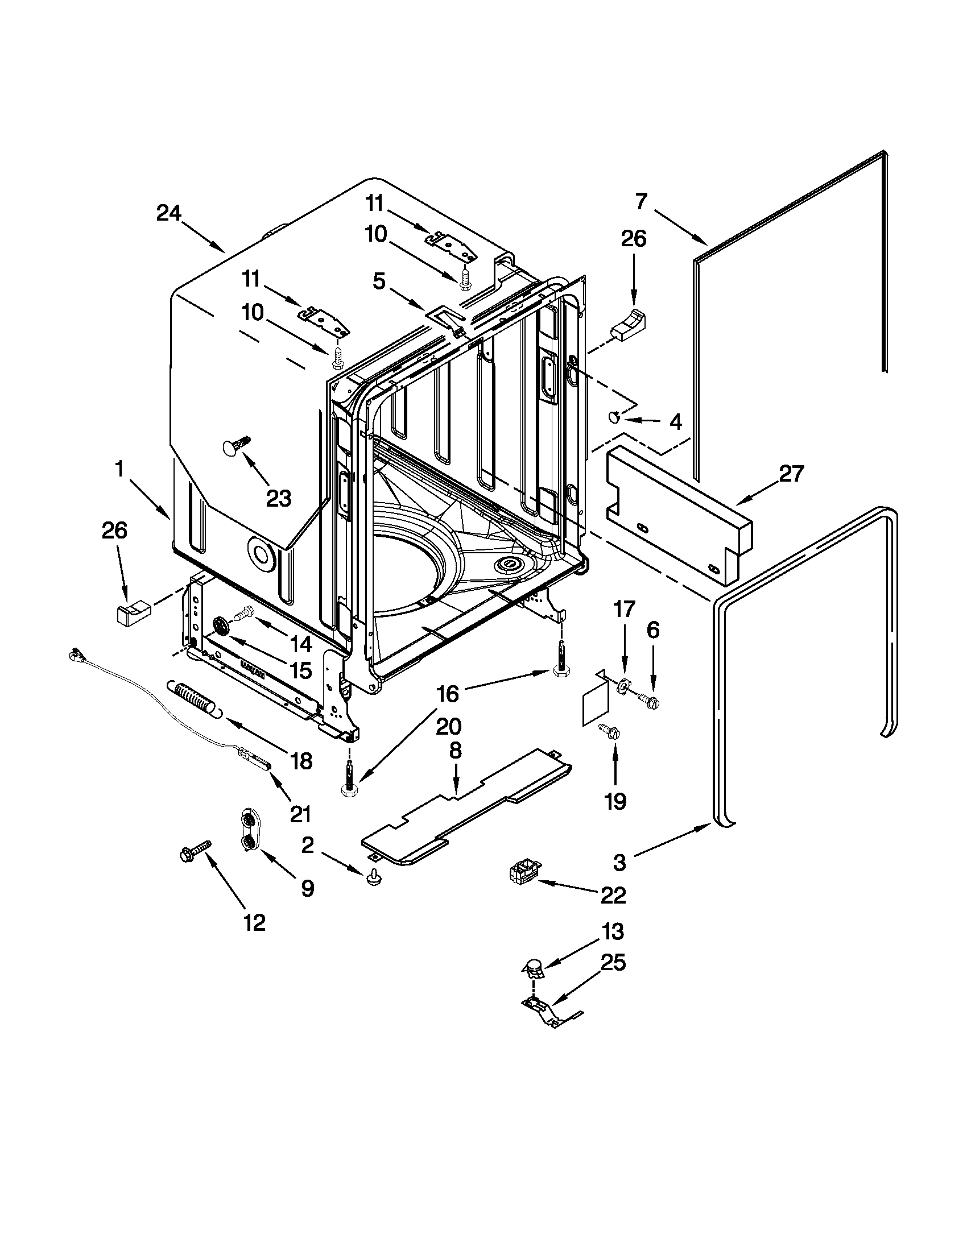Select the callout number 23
[279, 498]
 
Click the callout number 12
[254, 922]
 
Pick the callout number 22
[613, 895]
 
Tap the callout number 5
[379, 282]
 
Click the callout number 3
[619, 863]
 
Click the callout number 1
[119, 470]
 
